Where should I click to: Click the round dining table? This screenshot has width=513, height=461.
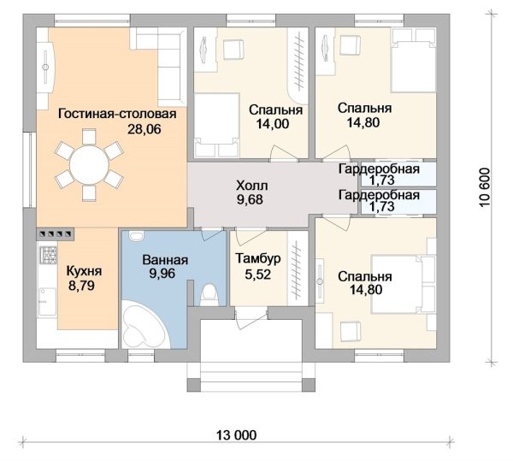coord(89,165)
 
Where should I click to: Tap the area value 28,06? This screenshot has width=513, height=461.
coord(144,129)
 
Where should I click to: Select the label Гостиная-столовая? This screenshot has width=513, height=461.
coord(117,114)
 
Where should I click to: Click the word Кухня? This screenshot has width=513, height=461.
coord(84,271)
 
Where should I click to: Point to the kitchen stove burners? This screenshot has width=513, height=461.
coord(48,255)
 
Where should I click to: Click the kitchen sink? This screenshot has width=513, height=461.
coord(47,302)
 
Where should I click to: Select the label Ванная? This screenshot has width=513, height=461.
coord(165,260)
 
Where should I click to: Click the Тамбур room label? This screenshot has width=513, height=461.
coord(258,258)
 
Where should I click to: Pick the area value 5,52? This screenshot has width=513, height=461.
coord(258,275)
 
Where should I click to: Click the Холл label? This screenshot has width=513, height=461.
coord(252,186)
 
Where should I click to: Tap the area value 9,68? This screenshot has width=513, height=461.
coord(250,199)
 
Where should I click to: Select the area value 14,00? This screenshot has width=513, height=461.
coord(273,124)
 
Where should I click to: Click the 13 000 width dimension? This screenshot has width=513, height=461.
coord(237,435)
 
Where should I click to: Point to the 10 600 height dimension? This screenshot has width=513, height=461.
coord(486,187)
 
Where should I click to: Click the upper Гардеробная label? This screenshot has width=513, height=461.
coord(379,169)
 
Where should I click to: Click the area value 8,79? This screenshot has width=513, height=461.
coord(81,286)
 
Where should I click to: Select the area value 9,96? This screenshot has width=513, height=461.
coord(162,273)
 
